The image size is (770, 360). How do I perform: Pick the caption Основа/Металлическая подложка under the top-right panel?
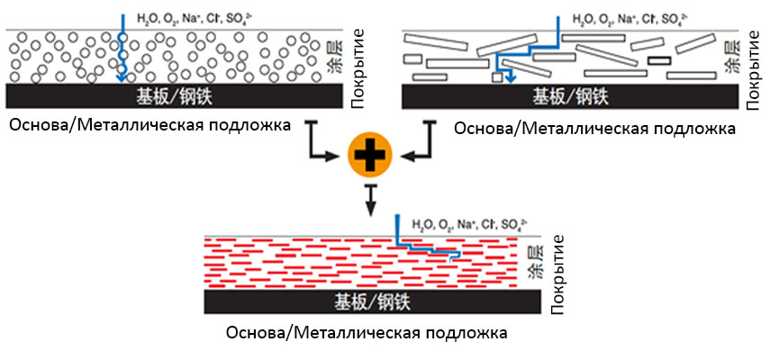[x=595, y=128]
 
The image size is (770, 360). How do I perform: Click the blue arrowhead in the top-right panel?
[x=510, y=78]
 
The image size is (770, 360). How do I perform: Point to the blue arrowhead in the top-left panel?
[x=121, y=79]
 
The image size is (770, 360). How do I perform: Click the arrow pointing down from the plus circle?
[x=370, y=202]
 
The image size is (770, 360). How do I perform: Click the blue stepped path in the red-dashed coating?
[x=428, y=247]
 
